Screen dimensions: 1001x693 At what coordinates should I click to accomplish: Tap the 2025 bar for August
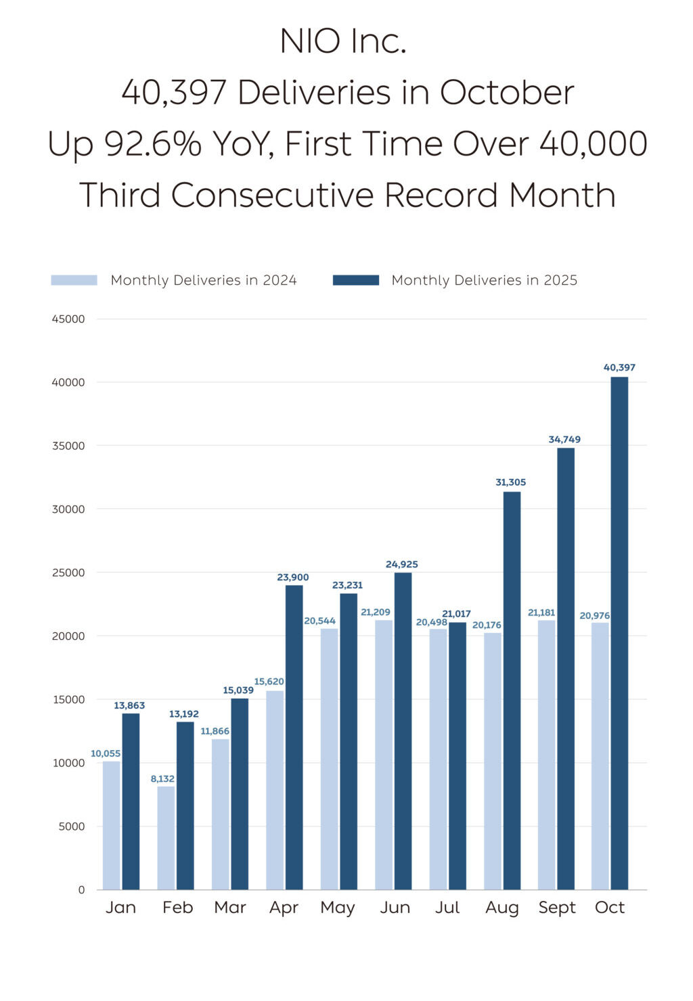tap(512, 690)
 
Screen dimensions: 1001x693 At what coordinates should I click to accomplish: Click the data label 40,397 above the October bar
tap(619, 367)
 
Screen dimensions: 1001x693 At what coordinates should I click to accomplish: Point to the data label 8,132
tap(162, 778)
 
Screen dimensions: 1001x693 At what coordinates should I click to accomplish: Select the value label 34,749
tap(564, 440)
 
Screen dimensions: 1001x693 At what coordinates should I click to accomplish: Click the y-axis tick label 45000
tap(68, 319)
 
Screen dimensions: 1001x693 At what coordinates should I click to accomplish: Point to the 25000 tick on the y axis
tap(68, 573)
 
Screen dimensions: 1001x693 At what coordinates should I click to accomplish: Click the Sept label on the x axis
tap(557, 908)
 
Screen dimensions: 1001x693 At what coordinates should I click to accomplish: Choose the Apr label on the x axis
tap(284, 908)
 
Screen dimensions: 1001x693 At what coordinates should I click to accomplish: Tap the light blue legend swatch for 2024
tap(74, 280)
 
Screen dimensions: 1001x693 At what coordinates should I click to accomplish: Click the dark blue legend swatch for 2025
tap(356, 280)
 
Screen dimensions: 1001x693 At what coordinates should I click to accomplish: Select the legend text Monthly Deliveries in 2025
tap(485, 280)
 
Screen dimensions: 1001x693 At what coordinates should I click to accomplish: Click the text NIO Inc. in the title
tap(343, 41)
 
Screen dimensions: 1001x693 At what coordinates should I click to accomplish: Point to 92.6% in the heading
tap(153, 143)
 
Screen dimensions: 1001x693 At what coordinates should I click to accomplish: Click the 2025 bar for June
tap(403, 730)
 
